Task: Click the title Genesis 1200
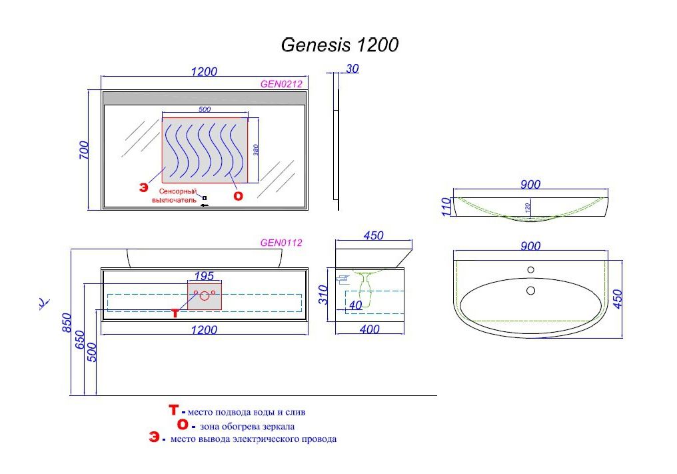coord(340,45)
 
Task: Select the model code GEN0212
coord(281,84)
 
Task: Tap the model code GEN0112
coord(281,243)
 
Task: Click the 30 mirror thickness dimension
coord(352,68)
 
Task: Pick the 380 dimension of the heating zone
coord(255,150)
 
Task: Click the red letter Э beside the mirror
coord(143,188)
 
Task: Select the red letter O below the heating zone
coord(238,196)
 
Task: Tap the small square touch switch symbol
coord(205,197)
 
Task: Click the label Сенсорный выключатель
coord(175,195)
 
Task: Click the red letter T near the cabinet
coord(175,313)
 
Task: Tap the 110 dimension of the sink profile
coord(446,207)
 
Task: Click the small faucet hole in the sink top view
coord(530,270)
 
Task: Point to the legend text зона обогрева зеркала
coord(247,426)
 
